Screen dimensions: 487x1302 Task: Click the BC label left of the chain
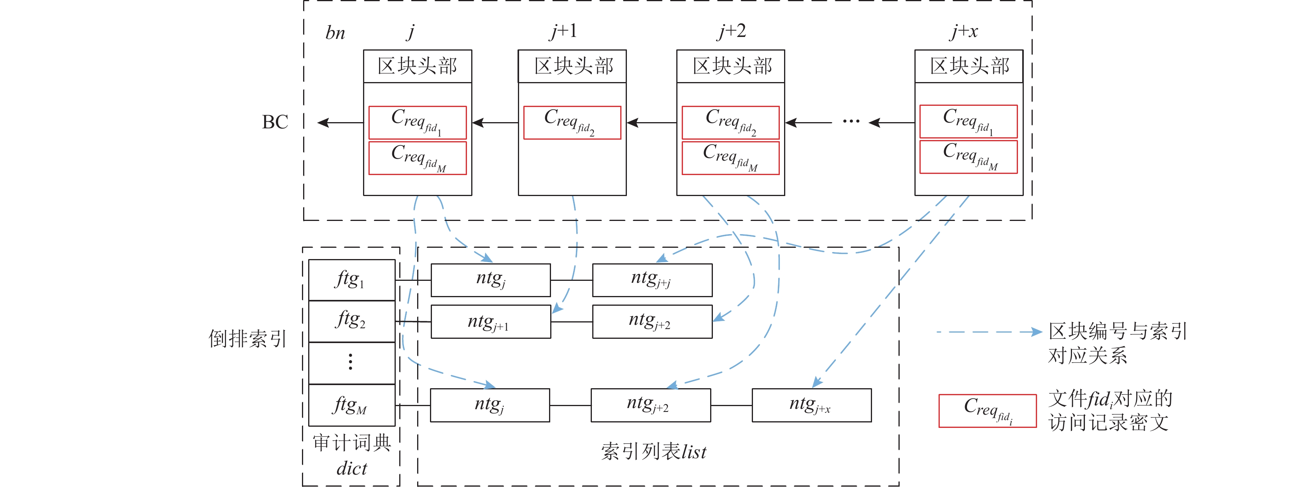[275, 122]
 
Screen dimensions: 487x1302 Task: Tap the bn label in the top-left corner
[335, 33]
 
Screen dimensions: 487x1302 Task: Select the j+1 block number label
[563, 32]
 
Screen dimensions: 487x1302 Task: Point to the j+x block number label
[964, 32]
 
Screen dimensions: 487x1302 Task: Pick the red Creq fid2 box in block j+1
[572, 123]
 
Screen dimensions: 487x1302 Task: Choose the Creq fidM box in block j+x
[969, 157]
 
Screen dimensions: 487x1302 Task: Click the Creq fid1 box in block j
[418, 123]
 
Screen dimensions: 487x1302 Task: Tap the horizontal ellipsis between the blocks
[851, 122]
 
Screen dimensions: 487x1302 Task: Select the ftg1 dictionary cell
[352, 280]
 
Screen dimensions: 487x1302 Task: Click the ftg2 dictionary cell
[352, 321]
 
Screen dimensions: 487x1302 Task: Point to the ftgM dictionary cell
[352, 405]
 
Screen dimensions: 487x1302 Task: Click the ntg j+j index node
[652, 280]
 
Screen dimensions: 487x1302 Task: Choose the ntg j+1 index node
[490, 322]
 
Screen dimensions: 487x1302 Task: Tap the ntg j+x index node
[811, 405]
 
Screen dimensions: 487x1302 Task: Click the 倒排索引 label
[247, 338]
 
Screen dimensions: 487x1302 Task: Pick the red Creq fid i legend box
[987, 411]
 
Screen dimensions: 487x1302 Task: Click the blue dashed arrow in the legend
[988, 332]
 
